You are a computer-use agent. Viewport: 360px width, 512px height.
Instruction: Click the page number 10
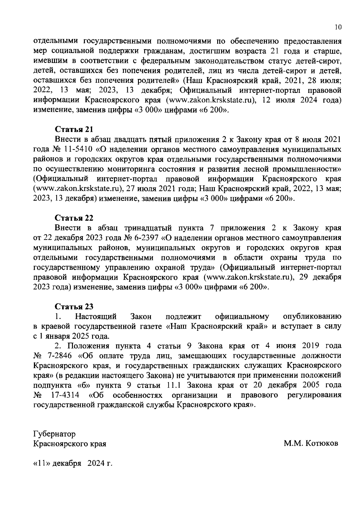point(338,27)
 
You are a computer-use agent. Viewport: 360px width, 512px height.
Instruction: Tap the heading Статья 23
point(74,306)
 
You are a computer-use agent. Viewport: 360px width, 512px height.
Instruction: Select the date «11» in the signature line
point(42,463)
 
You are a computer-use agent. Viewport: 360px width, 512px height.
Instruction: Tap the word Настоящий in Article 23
point(96,316)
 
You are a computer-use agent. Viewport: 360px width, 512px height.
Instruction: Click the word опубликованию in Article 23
point(312,316)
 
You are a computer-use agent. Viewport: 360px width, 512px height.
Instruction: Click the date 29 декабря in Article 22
point(320,277)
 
